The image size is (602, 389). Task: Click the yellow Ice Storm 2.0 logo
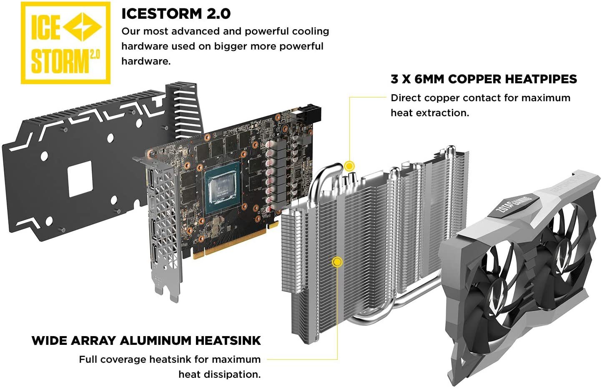65,43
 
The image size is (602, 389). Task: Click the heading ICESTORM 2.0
176,14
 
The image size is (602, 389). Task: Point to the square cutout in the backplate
80,179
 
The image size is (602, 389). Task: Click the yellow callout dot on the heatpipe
349,166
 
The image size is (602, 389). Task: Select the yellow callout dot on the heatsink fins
337,262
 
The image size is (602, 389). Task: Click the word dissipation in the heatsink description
233,374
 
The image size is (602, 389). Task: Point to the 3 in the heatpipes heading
394,79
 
